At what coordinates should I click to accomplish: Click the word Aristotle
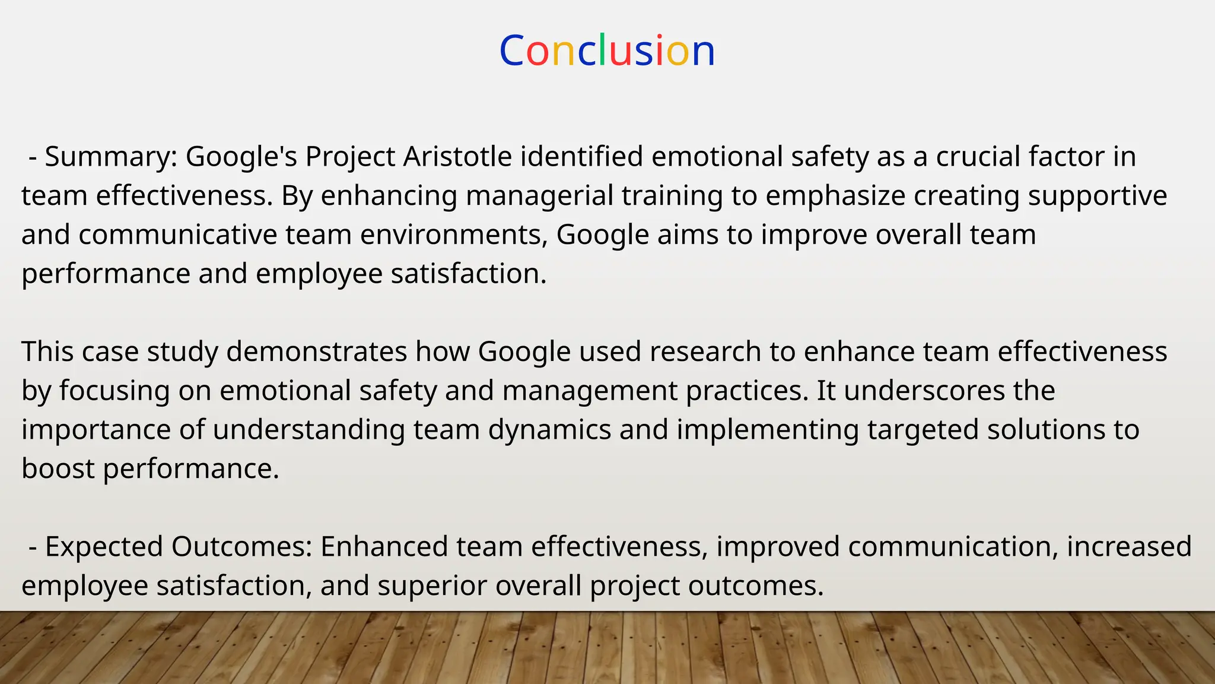click(457, 157)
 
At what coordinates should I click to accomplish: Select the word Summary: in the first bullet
click(112, 157)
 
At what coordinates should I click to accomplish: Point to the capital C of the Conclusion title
click(511, 51)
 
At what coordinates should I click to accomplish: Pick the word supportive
click(1098, 196)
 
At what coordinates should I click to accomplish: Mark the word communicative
click(177, 235)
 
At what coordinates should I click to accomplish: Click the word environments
click(454, 235)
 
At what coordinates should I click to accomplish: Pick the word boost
click(58, 468)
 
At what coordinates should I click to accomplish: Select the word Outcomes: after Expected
click(242, 546)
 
